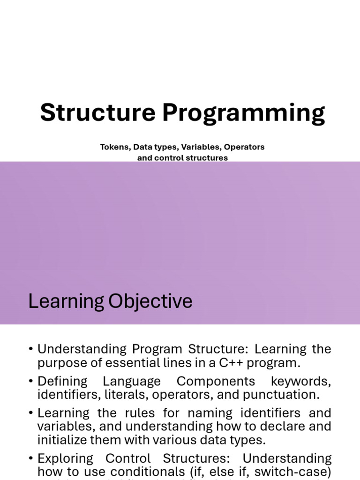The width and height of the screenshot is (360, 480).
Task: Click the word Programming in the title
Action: [243, 114]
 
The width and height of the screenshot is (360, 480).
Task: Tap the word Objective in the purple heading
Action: [150, 301]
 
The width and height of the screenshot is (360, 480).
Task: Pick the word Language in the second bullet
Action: [132, 382]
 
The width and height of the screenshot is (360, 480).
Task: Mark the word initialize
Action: [62, 440]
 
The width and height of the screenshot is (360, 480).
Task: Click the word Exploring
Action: [65, 459]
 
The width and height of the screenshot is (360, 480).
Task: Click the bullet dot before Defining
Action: [30, 381]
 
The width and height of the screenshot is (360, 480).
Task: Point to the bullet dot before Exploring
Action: [30, 458]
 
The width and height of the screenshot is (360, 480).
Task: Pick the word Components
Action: [216, 382]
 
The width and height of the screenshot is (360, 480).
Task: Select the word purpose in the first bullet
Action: [61, 363]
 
